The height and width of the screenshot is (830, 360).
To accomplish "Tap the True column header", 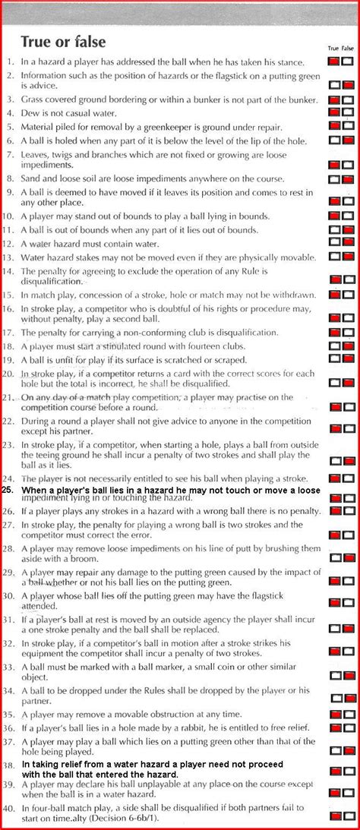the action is point(333,48).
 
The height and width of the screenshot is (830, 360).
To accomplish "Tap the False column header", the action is point(348,48).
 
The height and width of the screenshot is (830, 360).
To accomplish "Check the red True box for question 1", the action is point(334,62).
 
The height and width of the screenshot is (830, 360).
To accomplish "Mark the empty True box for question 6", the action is point(334,140).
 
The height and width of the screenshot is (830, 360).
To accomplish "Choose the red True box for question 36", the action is point(334,728).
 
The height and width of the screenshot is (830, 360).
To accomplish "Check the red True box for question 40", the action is point(334,815).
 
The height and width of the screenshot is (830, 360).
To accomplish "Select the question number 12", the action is point(8,244).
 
